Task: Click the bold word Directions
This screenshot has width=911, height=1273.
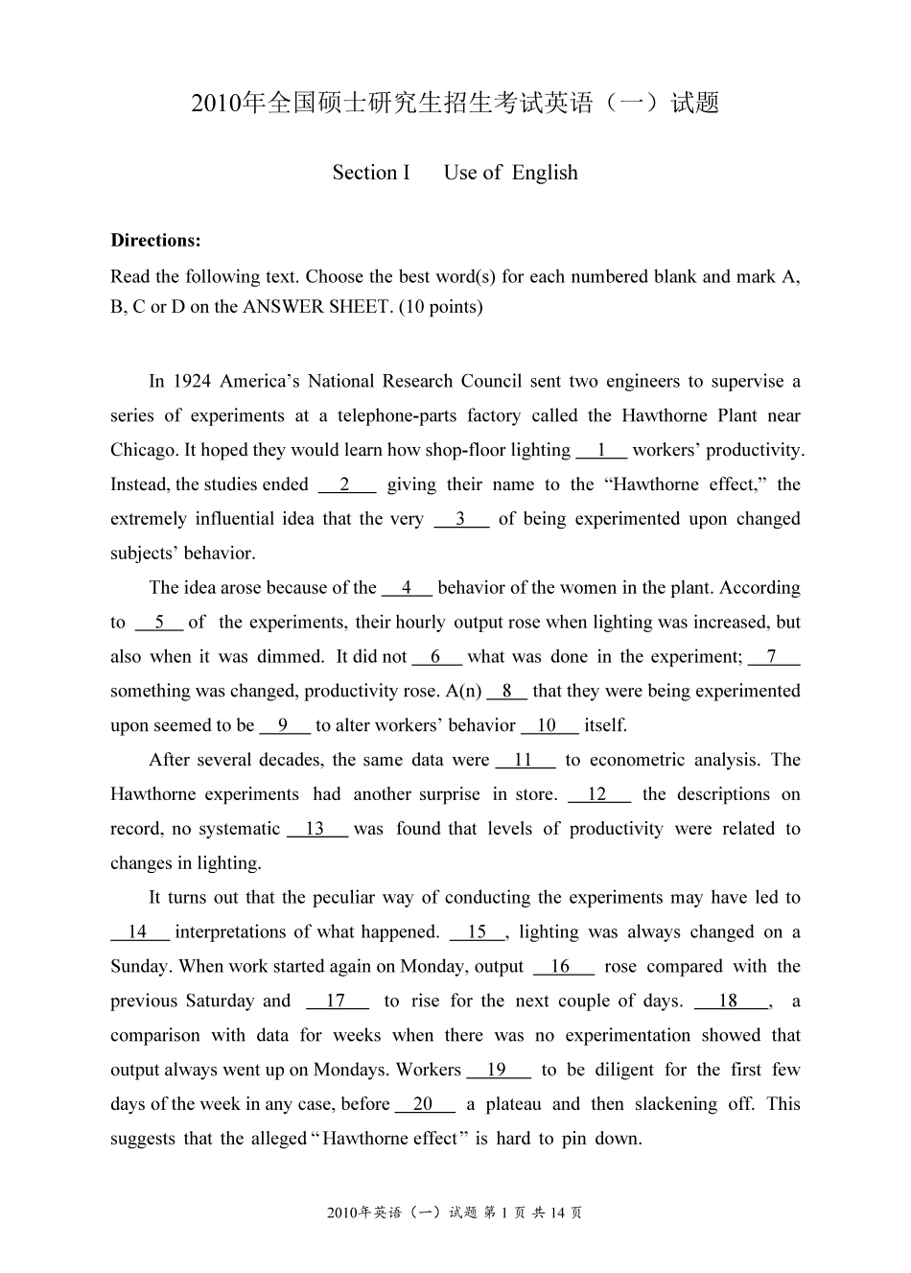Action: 155,240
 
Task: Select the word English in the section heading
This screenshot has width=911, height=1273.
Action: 545,174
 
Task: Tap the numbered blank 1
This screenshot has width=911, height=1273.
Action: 601,450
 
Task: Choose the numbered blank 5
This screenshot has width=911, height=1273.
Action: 159,623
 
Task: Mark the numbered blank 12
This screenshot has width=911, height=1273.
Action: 598,794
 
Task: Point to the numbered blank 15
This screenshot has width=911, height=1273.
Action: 478,932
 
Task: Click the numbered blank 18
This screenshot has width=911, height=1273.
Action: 729,1002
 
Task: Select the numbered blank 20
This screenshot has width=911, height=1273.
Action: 424,1104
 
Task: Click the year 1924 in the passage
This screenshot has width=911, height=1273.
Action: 192,382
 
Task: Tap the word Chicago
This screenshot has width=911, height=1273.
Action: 143,450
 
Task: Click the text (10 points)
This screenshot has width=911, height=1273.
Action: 440,307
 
